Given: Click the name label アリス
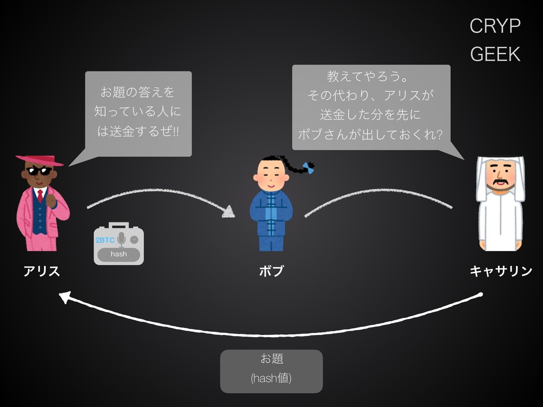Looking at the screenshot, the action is pyautogui.click(x=41, y=272).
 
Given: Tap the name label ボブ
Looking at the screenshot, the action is pyautogui.click(x=271, y=272).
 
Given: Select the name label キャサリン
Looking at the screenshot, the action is pyautogui.click(x=501, y=272).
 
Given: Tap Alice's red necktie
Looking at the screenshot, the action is pyautogui.click(x=40, y=196).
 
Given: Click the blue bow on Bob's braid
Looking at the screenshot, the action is pyautogui.click(x=308, y=167).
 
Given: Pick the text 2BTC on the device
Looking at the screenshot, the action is pyautogui.click(x=105, y=240).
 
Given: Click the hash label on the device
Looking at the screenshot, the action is pyautogui.click(x=119, y=254).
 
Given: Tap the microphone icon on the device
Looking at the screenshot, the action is pyautogui.click(x=121, y=239).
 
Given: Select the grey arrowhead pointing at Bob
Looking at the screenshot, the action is pyautogui.click(x=229, y=211).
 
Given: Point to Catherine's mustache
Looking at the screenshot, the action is pyautogui.click(x=501, y=184).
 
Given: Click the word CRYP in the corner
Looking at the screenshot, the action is pyautogui.click(x=495, y=26).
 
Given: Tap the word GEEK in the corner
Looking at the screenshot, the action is pyautogui.click(x=495, y=54).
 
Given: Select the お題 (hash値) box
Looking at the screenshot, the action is pyautogui.click(x=271, y=371).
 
